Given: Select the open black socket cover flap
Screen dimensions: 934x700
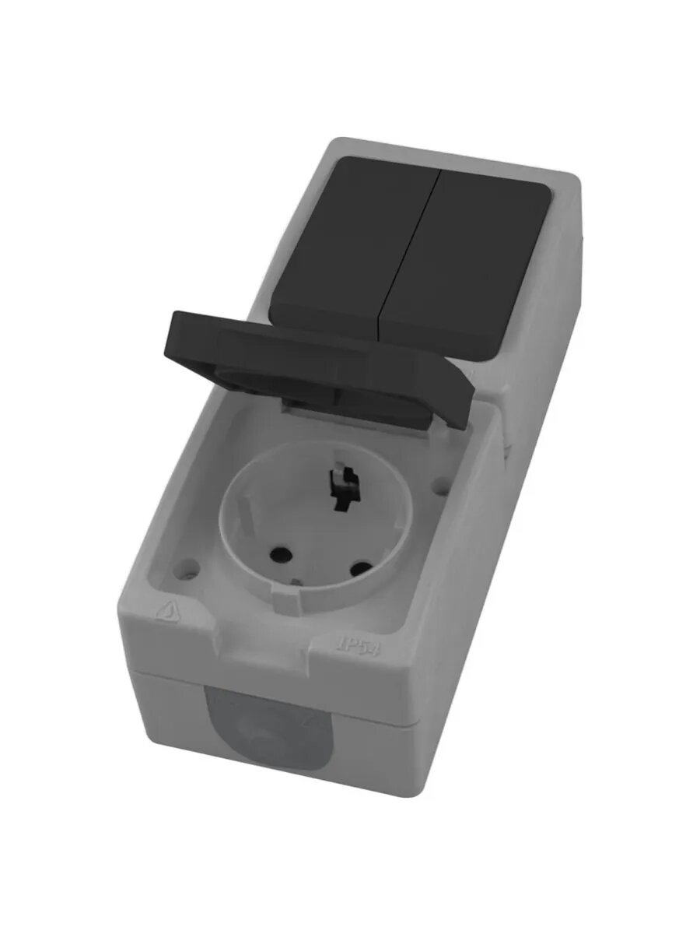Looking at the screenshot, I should pyautogui.click(x=319, y=350).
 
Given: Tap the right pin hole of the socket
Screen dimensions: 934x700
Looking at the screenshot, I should pyautogui.click(x=359, y=569).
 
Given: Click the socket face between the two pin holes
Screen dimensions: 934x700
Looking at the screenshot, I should pyautogui.click(x=319, y=557).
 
